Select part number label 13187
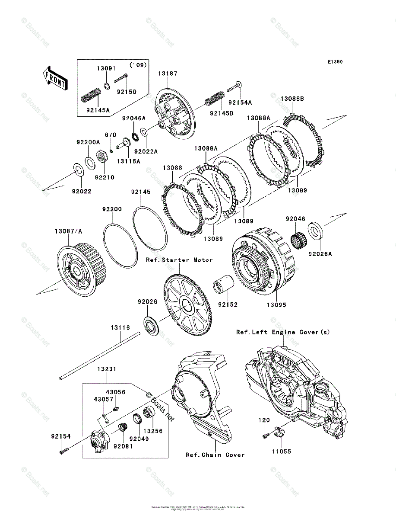coord(167,74)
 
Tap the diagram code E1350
coord(335,62)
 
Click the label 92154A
coord(240,103)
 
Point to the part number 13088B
coord(292,99)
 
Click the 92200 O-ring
coord(120,246)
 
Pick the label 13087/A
coord(68,231)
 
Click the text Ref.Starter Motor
coord(179,260)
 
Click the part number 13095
coord(276,304)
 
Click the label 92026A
coord(320,254)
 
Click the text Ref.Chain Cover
coord(215,455)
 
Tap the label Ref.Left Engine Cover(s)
coord(283,332)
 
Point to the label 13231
coord(106,369)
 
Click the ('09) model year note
coord(138,65)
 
